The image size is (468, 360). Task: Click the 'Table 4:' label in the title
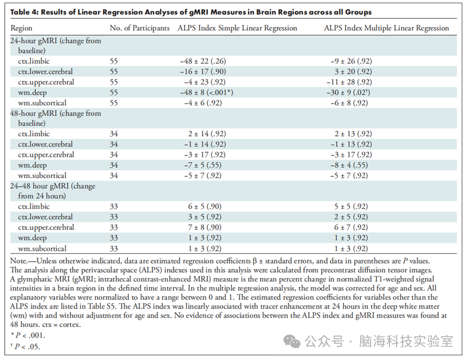tap(24, 12)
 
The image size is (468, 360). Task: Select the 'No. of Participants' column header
tap(139, 28)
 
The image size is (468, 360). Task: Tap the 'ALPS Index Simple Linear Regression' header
tap(237, 28)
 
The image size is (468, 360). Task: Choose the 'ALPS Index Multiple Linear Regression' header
tap(387, 28)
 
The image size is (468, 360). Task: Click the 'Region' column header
tap(21, 28)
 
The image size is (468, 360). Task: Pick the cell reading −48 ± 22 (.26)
tap(203, 61)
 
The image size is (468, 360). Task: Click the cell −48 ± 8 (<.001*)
tap(206, 93)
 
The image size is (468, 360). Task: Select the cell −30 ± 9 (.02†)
tap(348, 93)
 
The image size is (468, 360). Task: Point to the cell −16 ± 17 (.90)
tap(203, 72)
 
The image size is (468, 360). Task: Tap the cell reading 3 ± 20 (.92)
tap(353, 72)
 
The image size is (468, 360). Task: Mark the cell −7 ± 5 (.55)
tap(203, 165)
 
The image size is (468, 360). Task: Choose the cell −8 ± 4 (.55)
tap(349, 165)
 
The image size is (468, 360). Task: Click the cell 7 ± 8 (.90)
tap(205, 227)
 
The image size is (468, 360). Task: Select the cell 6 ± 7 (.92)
tap(351, 227)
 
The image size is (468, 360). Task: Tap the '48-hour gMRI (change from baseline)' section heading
tap(55, 118)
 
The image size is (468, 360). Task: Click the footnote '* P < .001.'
tap(28, 336)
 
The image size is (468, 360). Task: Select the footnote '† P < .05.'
tap(25, 346)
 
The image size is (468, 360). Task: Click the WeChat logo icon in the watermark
tap(291, 342)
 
